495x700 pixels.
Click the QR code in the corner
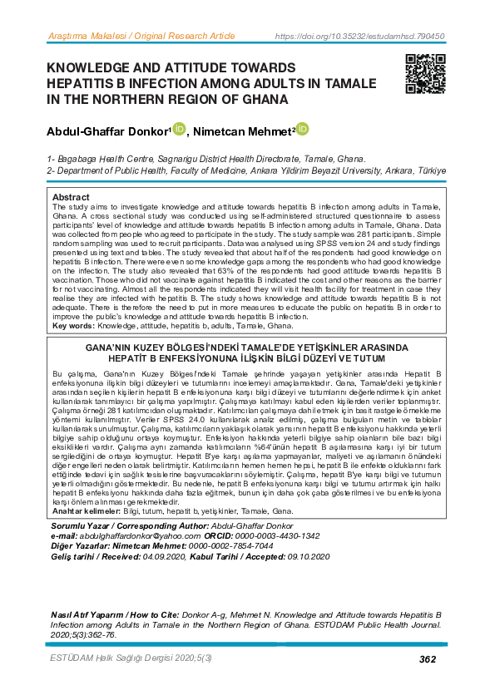click(426, 73)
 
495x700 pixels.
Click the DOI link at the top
click(359, 37)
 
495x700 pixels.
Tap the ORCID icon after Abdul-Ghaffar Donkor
click(179, 130)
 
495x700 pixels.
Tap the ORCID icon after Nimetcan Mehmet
click(302, 130)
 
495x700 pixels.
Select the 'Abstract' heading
click(71, 197)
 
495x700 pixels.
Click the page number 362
click(428, 659)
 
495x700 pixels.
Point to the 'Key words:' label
click(73, 326)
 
